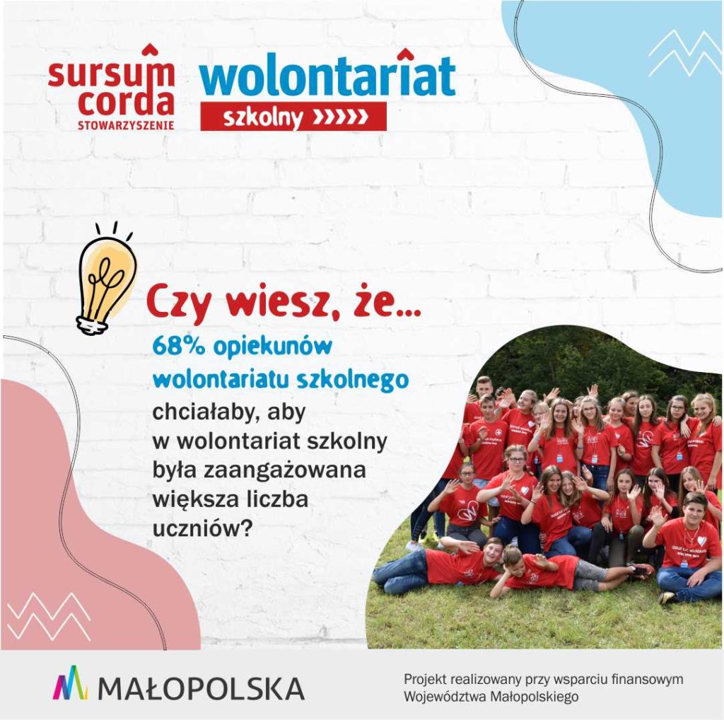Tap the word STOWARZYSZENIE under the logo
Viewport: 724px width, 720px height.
126,125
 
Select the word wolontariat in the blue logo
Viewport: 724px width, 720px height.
327,74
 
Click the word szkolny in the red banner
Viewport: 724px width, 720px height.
263,117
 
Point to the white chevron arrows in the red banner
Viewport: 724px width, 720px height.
341,117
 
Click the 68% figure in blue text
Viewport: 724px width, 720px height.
178,346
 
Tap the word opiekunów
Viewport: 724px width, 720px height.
273,347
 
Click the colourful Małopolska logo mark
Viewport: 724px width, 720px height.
70,683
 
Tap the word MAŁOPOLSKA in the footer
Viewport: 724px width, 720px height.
202,688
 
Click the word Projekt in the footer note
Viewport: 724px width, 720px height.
424,680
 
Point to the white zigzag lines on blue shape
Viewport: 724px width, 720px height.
684,54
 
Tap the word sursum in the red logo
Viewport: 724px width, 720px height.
111,71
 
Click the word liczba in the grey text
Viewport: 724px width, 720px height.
277,499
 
